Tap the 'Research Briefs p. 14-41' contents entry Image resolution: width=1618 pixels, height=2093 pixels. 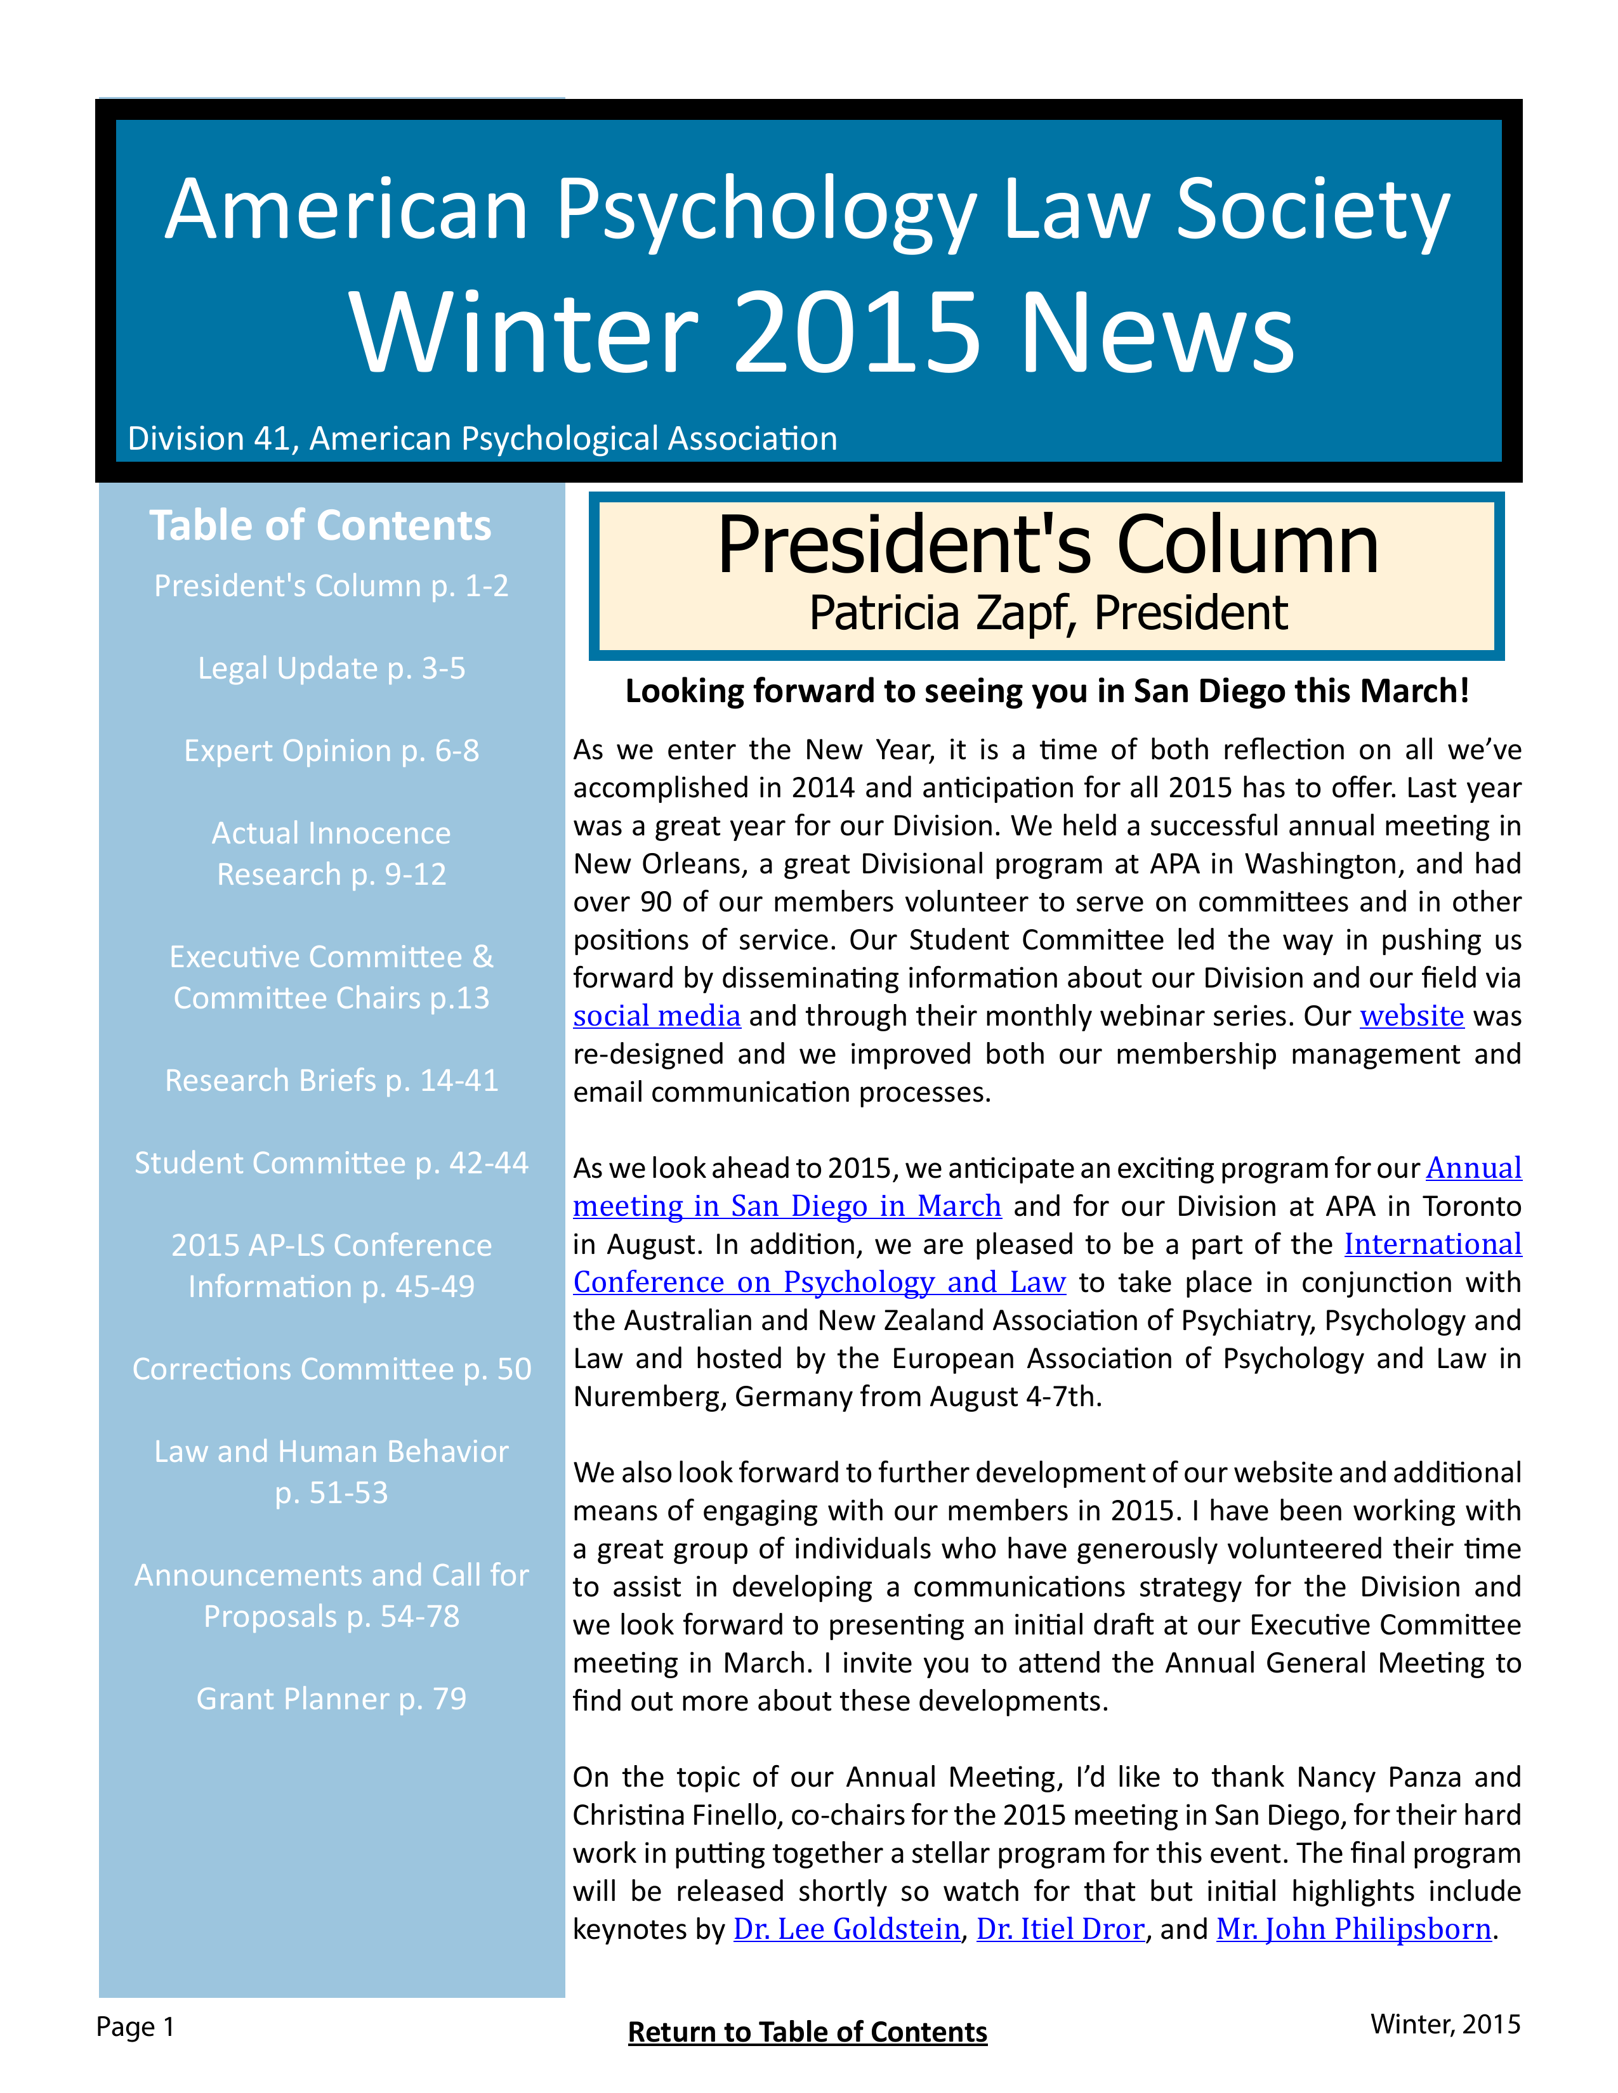tap(331, 1080)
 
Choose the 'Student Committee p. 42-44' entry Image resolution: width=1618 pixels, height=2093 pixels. tap(331, 1163)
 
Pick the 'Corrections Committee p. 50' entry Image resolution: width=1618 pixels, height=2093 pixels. tap(331, 1369)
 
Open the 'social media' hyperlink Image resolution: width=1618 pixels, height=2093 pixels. tap(657, 1016)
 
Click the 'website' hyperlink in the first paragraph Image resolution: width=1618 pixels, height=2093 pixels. tap(1411, 1016)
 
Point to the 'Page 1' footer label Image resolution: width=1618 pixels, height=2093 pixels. tap(135, 2027)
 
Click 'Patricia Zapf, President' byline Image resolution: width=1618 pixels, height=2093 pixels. tap(1048, 613)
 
